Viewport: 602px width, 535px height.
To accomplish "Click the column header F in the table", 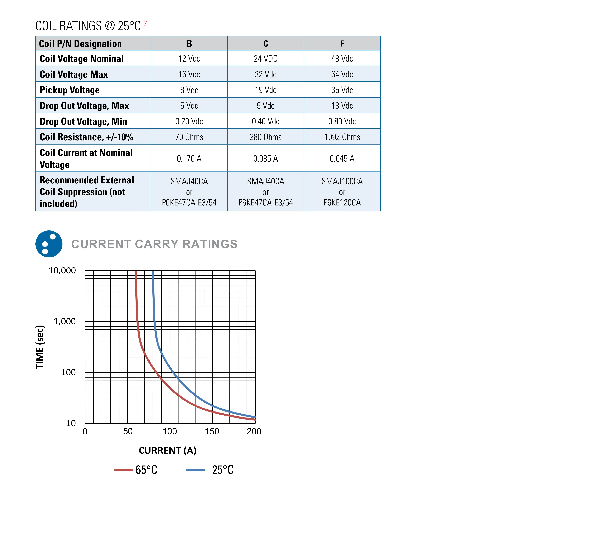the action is click(342, 43).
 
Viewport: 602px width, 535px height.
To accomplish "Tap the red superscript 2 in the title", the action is click(145, 24).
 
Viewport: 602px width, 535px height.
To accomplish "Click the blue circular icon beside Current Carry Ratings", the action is click(49, 244).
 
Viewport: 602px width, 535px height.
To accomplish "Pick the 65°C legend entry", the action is click(136, 470).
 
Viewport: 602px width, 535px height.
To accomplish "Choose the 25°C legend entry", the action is click(210, 470).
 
